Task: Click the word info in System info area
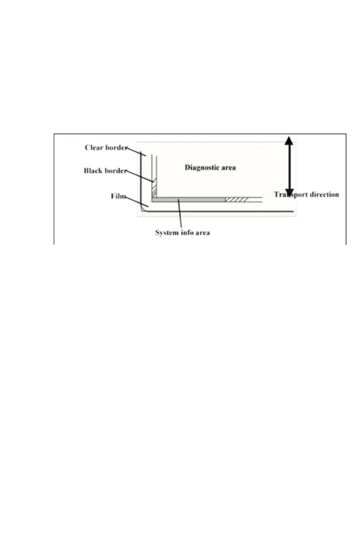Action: click(x=187, y=233)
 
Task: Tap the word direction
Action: click(x=325, y=194)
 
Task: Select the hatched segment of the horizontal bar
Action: click(x=237, y=199)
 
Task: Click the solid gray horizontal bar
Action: click(x=189, y=199)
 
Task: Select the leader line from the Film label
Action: click(x=136, y=201)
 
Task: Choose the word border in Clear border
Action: click(x=117, y=148)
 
